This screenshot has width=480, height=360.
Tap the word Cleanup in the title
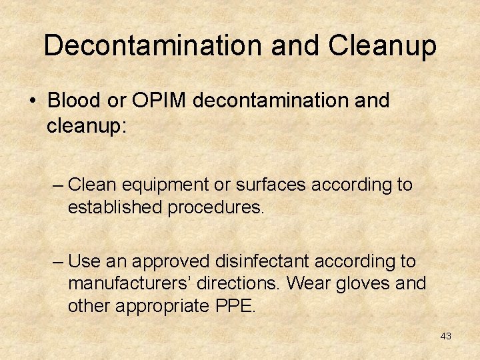tap(382, 45)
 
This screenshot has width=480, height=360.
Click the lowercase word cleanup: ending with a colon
tap(86, 125)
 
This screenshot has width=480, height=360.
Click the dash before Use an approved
tap(58, 261)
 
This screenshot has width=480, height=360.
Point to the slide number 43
tap(445, 336)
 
